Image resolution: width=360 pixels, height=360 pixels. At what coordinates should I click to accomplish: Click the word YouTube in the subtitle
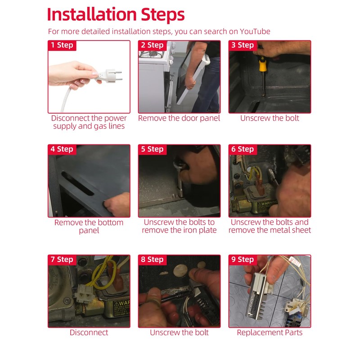(x=255, y=31)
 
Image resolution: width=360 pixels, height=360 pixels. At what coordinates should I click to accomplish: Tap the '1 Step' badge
(x=62, y=45)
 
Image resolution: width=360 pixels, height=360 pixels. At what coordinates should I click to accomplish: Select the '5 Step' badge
(x=153, y=149)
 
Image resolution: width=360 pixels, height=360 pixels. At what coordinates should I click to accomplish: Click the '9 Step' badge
(x=243, y=260)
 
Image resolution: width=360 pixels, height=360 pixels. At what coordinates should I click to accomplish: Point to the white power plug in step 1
(x=108, y=76)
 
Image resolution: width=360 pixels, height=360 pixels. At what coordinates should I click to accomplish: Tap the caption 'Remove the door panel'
(x=179, y=118)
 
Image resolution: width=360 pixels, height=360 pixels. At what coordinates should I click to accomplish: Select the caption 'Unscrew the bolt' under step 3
(x=270, y=118)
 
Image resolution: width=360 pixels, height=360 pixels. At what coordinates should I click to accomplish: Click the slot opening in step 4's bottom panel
(x=77, y=183)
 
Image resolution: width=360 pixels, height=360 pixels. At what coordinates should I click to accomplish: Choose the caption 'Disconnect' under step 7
(x=89, y=333)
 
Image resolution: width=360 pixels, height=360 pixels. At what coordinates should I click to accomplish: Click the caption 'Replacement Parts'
(x=270, y=333)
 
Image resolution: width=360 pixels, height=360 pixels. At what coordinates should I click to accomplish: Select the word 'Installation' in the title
(x=92, y=14)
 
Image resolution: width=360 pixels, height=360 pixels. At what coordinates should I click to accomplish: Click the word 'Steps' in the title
(x=162, y=15)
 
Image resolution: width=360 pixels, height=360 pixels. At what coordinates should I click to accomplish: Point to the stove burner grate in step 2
(x=152, y=54)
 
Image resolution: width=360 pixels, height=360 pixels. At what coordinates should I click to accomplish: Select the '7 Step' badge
(x=62, y=260)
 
